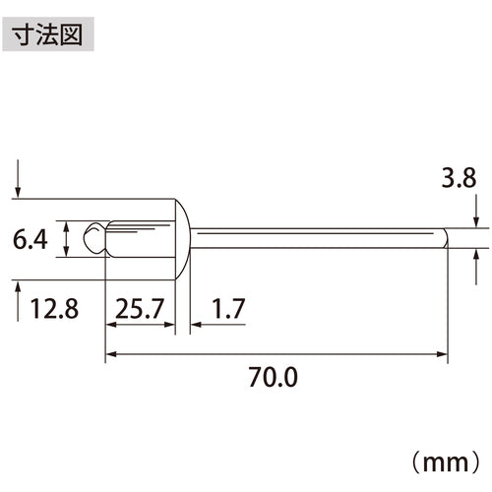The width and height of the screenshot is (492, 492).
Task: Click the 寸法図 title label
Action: pyautogui.click(x=48, y=34)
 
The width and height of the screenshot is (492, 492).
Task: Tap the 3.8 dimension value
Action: pyautogui.click(x=459, y=178)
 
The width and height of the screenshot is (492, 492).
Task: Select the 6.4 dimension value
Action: pyautogui.click(x=31, y=239)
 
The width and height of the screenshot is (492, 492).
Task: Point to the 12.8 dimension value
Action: pyautogui.click(x=54, y=309)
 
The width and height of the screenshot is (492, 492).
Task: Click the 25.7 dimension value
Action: pyautogui.click(x=140, y=309)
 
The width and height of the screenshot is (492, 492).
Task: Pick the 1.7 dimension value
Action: pyautogui.click(x=228, y=309)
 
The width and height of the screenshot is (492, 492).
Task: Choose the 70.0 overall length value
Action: pyautogui.click(x=273, y=377)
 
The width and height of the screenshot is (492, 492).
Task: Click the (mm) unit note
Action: pyautogui.click(x=446, y=461)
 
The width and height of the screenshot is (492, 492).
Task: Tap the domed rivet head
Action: pyautogui.click(x=182, y=239)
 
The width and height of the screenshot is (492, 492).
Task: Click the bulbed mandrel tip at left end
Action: pyautogui.click(x=94, y=238)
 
